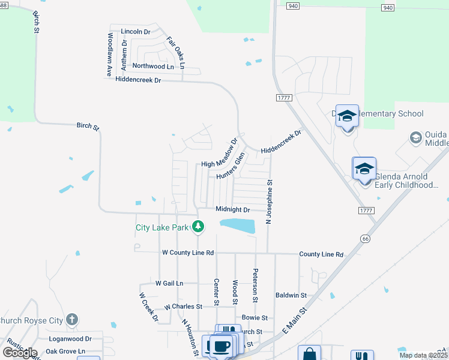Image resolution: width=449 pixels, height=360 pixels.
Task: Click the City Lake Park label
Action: click(x=161, y=227)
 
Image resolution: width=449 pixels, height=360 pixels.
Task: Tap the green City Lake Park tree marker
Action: click(x=198, y=227)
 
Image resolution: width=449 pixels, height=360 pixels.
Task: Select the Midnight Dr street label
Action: click(x=232, y=209)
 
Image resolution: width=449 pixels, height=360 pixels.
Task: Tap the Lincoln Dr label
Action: click(x=135, y=31)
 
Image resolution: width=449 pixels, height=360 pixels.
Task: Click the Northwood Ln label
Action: click(x=153, y=66)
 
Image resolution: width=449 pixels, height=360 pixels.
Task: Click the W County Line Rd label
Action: click(x=188, y=253)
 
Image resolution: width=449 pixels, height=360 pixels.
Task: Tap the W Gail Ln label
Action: click(x=169, y=283)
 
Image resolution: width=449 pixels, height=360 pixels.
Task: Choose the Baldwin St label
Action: click(x=291, y=295)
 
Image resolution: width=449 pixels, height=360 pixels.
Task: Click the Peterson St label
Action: click(x=255, y=286)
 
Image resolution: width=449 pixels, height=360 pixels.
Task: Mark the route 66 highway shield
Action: click(x=365, y=239)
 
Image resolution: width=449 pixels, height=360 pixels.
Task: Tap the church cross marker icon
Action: click(x=72, y=320)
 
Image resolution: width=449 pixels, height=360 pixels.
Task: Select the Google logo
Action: click(x=20, y=353)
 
